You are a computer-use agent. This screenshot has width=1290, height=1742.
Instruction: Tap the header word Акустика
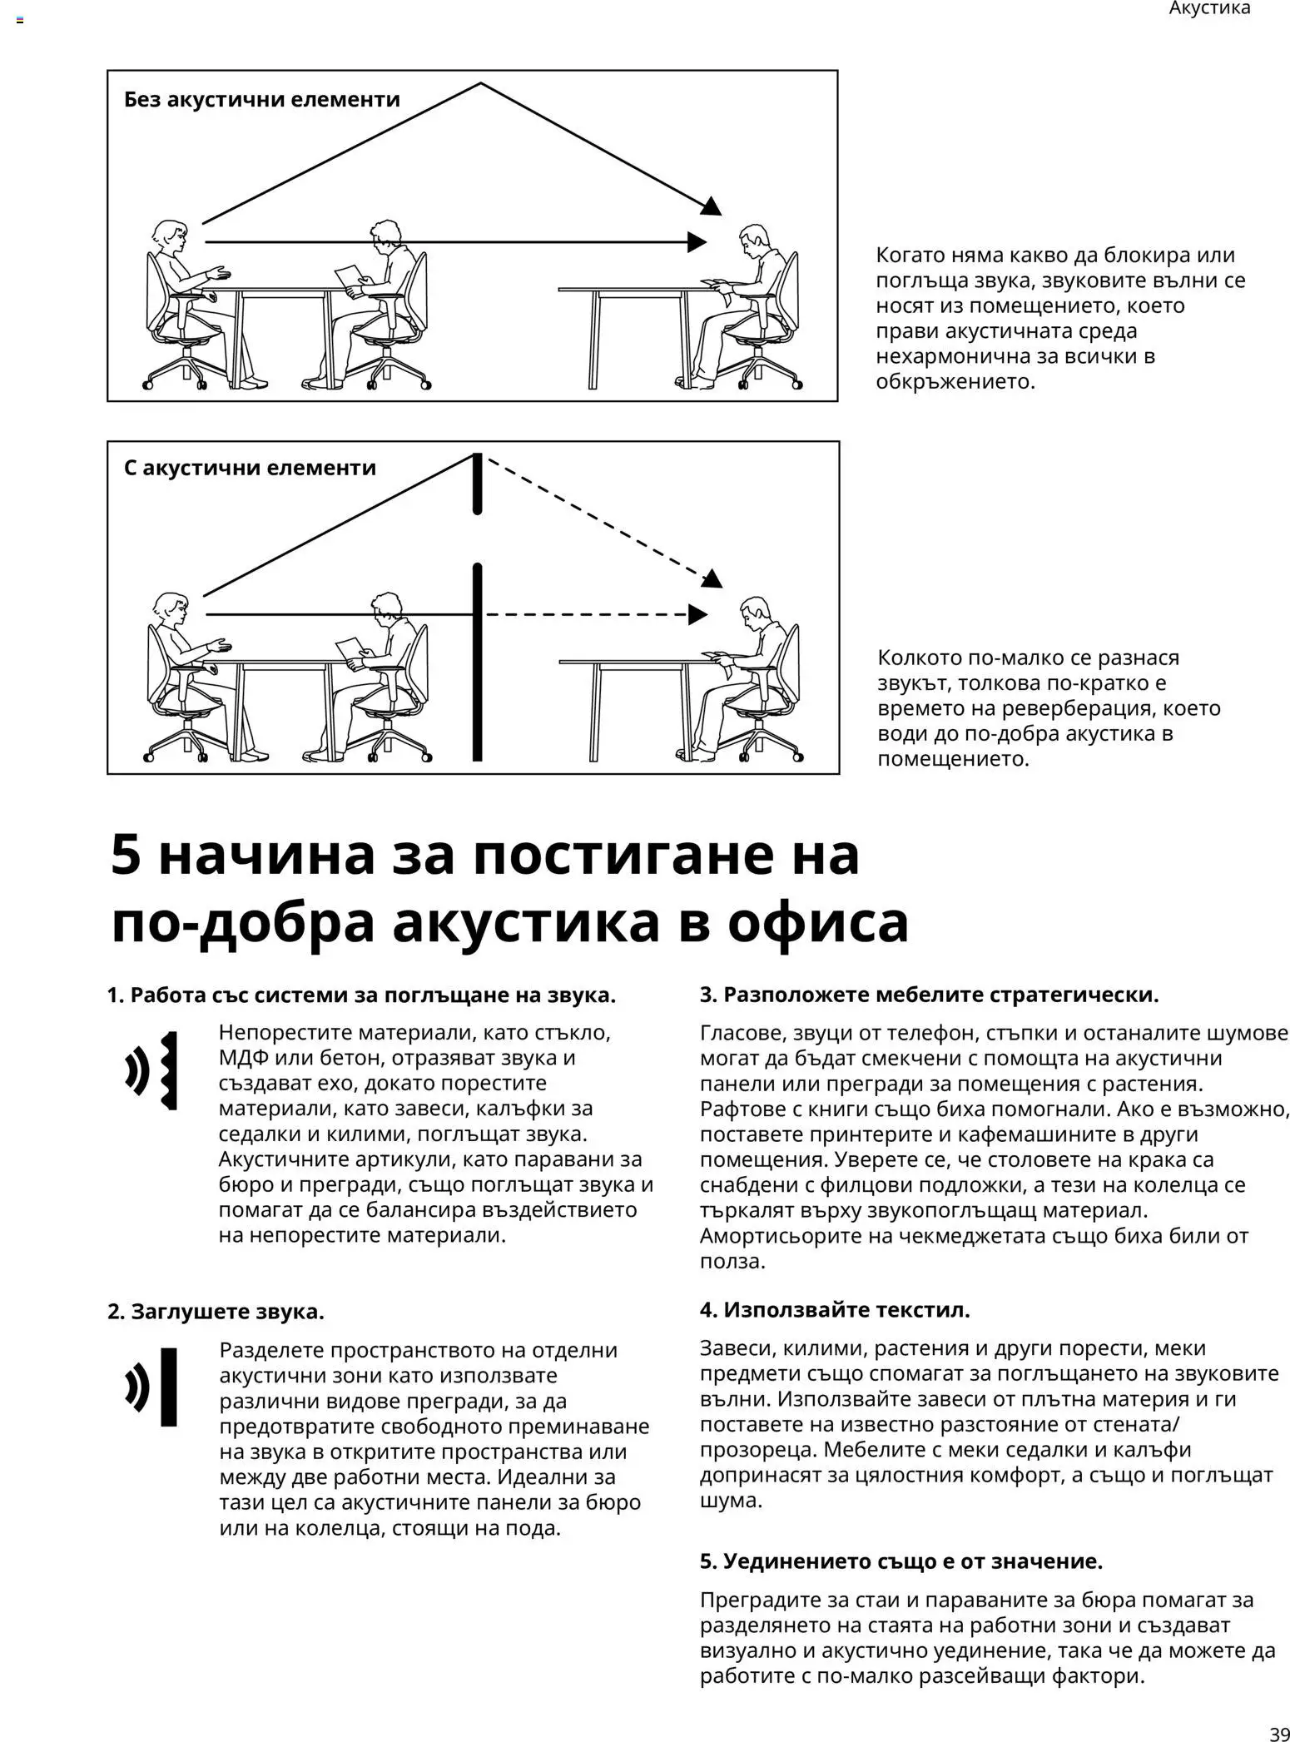click(x=1209, y=8)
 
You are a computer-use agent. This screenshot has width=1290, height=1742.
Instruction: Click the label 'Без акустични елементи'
click(x=261, y=99)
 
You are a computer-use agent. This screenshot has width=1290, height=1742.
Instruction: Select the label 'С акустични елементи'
click(x=250, y=468)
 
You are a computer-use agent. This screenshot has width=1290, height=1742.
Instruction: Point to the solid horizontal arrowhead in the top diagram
click(x=697, y=242)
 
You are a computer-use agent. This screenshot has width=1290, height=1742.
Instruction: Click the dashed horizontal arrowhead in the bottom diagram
click(x=697, y=615)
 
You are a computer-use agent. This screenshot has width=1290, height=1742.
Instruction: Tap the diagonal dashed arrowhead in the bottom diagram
click(x=712, y=578)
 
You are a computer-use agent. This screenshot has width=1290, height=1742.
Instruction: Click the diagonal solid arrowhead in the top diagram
click(x=712, y=206)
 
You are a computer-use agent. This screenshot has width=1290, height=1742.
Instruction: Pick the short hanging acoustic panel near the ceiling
click(x=478, y=483)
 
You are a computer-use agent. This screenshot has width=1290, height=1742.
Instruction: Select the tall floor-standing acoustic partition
click(x=478, y=663)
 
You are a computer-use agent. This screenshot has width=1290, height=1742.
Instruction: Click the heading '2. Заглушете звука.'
click(x=216, y=1312)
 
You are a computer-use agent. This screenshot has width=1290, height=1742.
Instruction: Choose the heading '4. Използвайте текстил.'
click(x=835, y=1310)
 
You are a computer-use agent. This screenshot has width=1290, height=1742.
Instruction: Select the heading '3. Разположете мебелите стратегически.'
click(x=929, y=995)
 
